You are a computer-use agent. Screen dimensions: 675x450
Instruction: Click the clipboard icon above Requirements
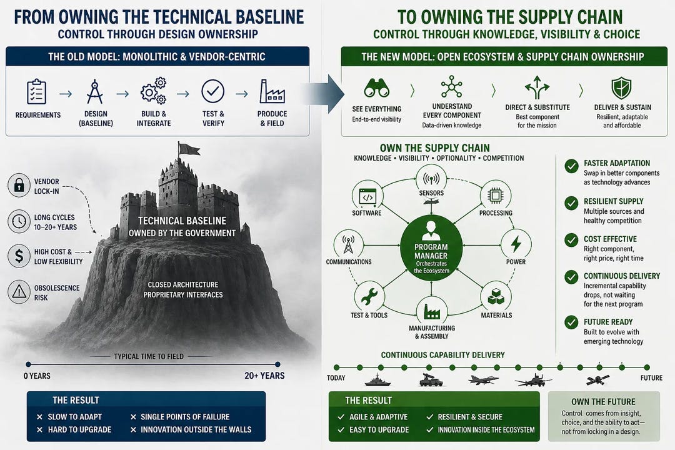pyautogui.click(x=36, y=91)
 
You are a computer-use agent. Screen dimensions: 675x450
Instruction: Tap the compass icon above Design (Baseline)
pyautogui.click(x=94, y=91)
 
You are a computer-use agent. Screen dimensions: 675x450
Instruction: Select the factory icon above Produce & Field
pyautogui.click(x=272, y=91)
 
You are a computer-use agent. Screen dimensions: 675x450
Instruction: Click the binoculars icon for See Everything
pyautogui.click(x=377, y=88)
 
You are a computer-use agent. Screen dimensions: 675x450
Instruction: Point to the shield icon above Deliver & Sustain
pyautogui.click(x=622, y=88)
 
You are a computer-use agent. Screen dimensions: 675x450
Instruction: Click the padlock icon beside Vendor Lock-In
pyautogui.click(x=19, y=185)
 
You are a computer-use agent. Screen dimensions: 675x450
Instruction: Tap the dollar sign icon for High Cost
pyautogui.click(x=19, y=256)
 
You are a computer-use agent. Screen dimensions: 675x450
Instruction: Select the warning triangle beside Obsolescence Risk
pyautogui.click(x=19, y=291)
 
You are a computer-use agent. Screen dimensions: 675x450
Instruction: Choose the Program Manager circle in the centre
pyautogui.click(x=431, y=248)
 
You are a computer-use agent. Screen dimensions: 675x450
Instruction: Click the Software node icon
pyautogui.click(x=367, y=196)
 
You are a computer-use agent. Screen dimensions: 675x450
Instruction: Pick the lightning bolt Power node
pyautogui.click(x=516, y=244)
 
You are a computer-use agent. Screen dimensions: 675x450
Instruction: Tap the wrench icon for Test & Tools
pyautogui.click(x=369, y=296)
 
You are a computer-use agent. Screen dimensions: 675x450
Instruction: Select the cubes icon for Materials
pyautogui.click(x=496, y=296)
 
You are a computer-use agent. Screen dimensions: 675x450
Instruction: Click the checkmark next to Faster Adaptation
pyautogui.click(x=571, y=166)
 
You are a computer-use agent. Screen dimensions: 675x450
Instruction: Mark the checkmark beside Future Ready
pyautogui.click(x=571, y=322)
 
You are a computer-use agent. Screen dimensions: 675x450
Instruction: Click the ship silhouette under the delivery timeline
pyautogui.click(x=377, y=380)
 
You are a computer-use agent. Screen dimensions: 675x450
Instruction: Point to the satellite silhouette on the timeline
pyautogui.click(x=598, y=380)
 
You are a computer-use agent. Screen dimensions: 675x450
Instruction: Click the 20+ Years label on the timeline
pyautogui.click(x=264, y=376)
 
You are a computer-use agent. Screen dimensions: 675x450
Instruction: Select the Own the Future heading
pyautogui.click(x=603, y=402)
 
